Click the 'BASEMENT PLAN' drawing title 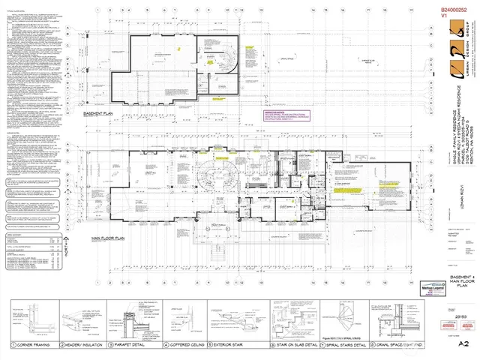click(97, 114)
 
